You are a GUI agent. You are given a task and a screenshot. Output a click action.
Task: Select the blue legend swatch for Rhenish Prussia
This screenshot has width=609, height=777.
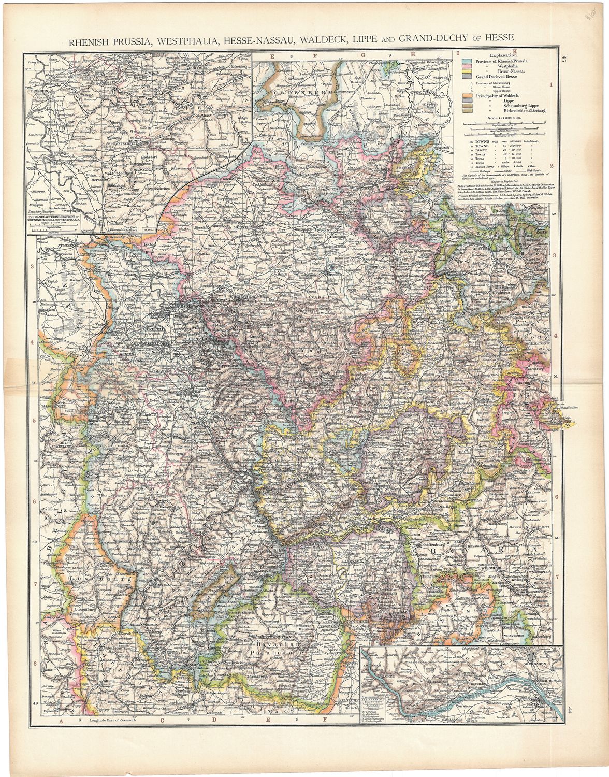coord(465,61)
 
